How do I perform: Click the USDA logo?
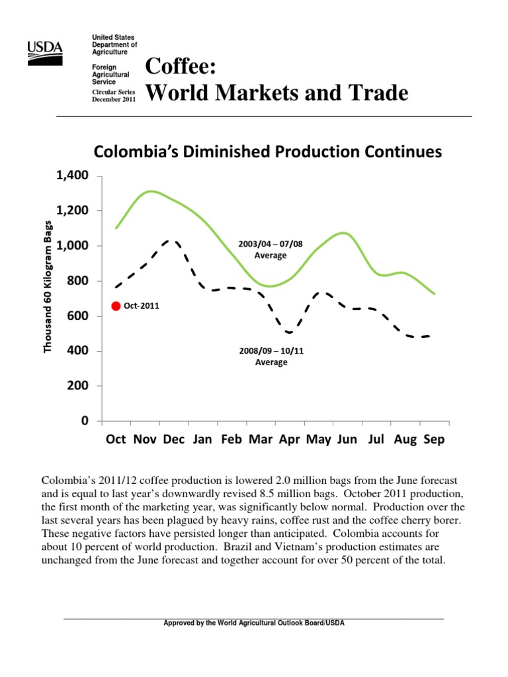(x=45, y=51)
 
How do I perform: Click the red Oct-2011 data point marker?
(x=116, y=306)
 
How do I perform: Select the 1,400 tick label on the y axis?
(x=68, y=176)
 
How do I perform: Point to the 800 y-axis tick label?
(x=75, y=281)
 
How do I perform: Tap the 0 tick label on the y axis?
(x=84, y=420)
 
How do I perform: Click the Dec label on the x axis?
(x=174, y=440)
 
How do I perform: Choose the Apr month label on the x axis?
(x=289, y=440)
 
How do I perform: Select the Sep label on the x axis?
(x=434, y=440)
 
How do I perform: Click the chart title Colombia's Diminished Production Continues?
(x=267, y=153)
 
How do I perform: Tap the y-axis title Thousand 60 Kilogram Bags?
(x=48, y=286)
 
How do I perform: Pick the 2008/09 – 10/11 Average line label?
(x=271, y=356)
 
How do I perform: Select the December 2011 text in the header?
(x=114, y=99)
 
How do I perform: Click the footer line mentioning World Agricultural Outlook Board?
(x=254, y=623)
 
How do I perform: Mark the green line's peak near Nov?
(x=151, y=191)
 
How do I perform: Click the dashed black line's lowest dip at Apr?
(x=290, y=333)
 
